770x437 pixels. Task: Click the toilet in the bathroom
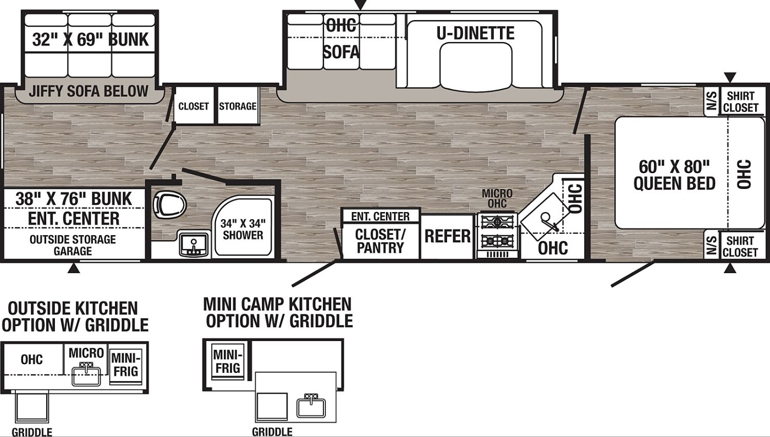(169, 205)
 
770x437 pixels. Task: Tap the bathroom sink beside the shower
(194, 244)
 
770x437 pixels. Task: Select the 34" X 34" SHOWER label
(243, 230)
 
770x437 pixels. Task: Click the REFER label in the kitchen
(447, 236)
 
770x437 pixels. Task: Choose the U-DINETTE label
(475, 33)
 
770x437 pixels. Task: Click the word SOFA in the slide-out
(341, 52)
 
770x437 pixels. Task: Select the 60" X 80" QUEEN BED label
(674, 175)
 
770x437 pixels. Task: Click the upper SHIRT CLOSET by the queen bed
(740, 102)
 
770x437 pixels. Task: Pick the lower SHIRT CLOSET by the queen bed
(740, 246)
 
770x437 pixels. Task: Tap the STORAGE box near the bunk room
(238, 106)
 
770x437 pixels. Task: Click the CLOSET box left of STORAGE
(194, 106)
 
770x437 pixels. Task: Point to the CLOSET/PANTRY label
(380, 241)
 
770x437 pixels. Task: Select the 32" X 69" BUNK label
(90, 39)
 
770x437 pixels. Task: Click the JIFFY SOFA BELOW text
(88, 91)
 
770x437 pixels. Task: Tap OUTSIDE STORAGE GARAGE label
(73, 245)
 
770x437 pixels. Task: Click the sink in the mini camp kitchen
(311, 407)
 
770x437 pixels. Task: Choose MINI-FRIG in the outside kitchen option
(125, 365)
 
